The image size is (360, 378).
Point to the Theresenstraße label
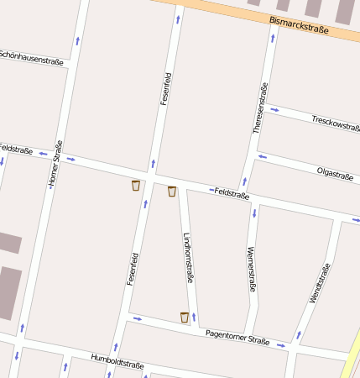260,108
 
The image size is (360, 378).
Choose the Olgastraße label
334,175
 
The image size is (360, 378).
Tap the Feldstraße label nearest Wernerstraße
232,193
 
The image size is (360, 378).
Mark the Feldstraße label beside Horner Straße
16,150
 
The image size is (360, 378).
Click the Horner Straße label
55,164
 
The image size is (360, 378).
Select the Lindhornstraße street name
188,257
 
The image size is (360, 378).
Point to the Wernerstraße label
251,269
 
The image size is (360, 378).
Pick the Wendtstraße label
320,283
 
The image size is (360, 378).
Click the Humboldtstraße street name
117,362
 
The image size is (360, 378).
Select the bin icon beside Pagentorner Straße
185,317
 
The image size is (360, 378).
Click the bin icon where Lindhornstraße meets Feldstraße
172,192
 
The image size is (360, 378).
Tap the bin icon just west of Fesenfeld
135,186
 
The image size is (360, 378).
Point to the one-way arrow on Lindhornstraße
194,317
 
